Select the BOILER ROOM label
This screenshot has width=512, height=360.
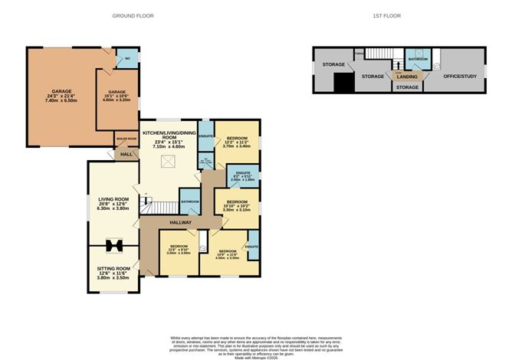tap(126, 139)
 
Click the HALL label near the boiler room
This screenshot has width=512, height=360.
tap(126, 155)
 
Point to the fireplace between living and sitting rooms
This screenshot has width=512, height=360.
tap(114, 246)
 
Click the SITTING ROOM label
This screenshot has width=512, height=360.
tap(113, 268)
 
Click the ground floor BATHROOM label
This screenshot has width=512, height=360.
tap(190, 201)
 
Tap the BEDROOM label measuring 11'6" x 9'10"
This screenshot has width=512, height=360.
tap(180, 247)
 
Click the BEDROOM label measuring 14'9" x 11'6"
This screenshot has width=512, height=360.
tap(228, 251)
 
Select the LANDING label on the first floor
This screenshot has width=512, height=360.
tap(407, 76)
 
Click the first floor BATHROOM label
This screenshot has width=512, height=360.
tap(418, 58)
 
